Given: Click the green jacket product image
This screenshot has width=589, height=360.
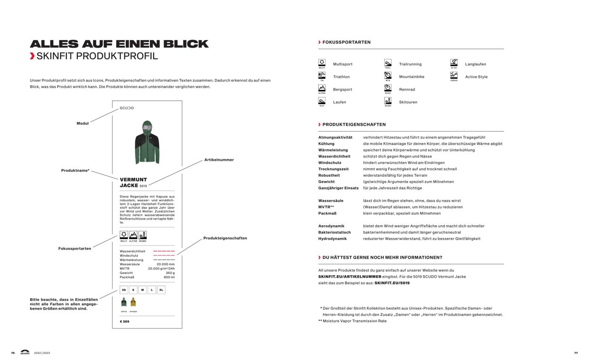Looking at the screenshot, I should point(147,142).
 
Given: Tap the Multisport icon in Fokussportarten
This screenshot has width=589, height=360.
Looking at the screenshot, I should point(322,63).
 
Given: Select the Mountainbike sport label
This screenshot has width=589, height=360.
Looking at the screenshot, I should point(411,77).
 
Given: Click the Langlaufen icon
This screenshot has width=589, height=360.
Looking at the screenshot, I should point(454,63).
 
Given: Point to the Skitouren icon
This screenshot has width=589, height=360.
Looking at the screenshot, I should point(388,101).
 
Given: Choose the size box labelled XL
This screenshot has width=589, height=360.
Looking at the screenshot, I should point(161,290).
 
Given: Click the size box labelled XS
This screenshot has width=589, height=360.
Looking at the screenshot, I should point(124,290).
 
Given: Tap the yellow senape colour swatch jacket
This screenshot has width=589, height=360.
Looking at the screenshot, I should point(133,303).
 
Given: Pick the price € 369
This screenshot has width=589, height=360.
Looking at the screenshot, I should point(124,321).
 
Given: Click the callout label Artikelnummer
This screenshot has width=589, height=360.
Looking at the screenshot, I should point(219,160).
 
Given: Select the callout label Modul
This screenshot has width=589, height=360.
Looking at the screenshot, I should point(82,123).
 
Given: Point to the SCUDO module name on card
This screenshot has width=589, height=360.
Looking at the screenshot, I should point(127,108).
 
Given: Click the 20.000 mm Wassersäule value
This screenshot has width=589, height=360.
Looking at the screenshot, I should point(165,264).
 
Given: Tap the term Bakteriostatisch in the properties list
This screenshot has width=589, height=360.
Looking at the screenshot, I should point(334,232).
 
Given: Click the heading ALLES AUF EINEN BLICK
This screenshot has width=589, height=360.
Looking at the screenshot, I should point(119,44).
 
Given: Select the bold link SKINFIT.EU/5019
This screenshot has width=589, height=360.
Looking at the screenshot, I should point(392,283).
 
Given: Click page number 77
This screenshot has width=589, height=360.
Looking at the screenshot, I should point(576,353).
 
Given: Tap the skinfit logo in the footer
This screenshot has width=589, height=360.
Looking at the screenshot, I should point(25,352).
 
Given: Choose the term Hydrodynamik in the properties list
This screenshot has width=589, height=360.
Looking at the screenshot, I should point(332,239).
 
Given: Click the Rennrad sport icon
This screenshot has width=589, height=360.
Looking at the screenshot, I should point(388,88).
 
